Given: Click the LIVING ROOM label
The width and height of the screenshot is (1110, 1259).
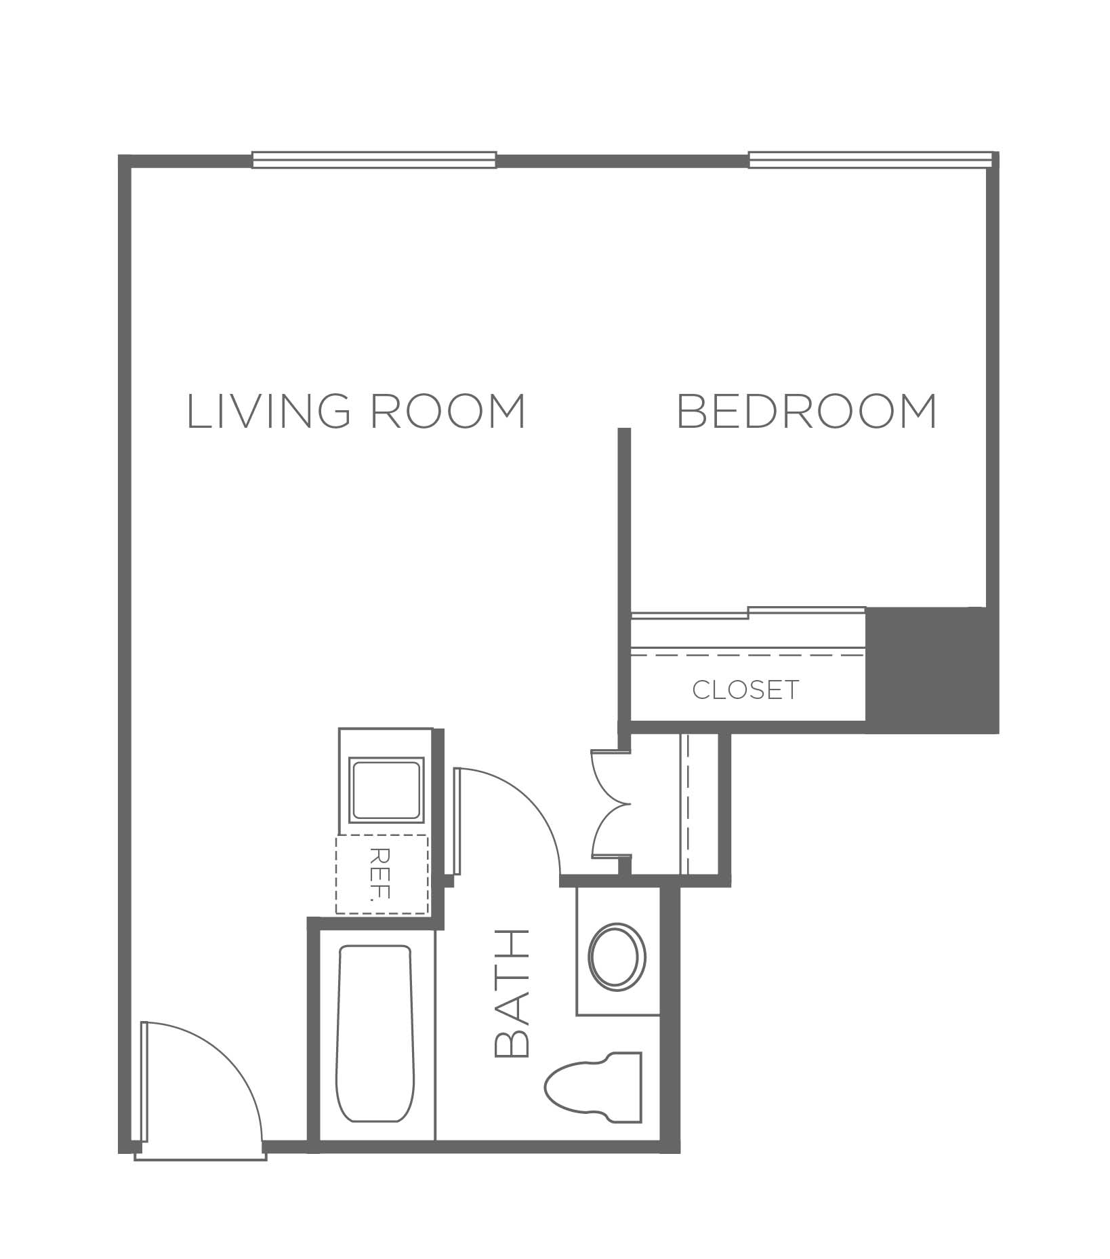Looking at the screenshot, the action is (x=356, y=411).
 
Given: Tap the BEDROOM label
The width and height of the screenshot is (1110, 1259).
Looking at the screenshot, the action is (x=807, y=411).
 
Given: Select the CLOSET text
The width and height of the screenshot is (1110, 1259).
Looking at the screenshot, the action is (x=745, y=690).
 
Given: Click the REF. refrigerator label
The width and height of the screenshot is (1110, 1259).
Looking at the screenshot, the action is (x=382, y=873).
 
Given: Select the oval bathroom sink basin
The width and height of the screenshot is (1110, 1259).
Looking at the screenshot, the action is (x=617, y=957).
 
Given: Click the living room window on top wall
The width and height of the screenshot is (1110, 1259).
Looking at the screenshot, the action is (x=374, y=160).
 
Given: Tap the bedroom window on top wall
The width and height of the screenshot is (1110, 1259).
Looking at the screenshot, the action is (x=870, y=159).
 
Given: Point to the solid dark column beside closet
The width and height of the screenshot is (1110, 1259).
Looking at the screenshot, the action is (x=932, y=670).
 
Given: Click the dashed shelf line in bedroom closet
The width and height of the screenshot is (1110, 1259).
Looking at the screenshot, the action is (x=747, y=656).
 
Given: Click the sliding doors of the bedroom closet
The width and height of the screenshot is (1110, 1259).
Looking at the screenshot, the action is (x=748, y=614).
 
